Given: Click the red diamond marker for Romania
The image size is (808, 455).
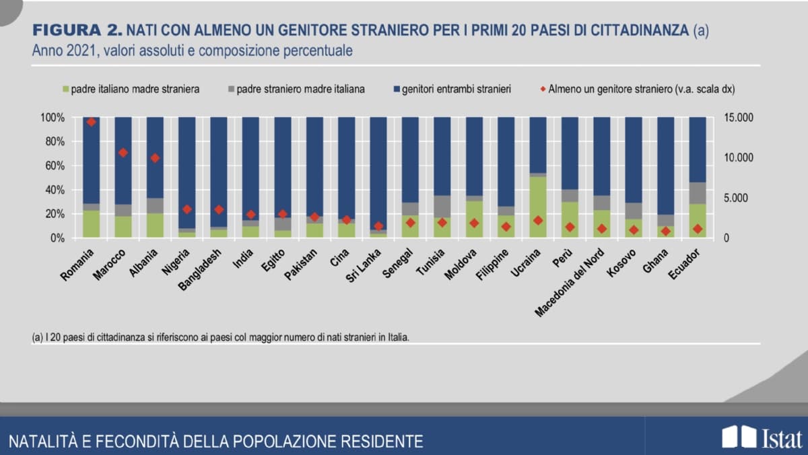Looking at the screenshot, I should point(92,122).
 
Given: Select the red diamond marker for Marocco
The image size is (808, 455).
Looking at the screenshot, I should point(123,153).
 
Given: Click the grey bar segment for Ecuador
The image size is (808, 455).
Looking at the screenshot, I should point(698,193).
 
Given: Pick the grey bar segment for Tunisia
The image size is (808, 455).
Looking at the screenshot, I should point(442,207).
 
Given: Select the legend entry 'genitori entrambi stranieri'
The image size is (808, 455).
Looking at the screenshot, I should point(457,89).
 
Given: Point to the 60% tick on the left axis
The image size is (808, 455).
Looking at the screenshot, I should point(54,166).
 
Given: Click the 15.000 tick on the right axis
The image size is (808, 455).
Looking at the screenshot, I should point(739,118).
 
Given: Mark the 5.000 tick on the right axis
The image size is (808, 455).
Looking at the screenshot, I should point(737,199).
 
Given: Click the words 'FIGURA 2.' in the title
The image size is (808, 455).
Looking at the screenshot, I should point(77,30).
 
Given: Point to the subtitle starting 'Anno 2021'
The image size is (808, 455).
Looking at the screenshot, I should point(192,50).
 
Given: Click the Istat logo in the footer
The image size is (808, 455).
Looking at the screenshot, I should point(762,438).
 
